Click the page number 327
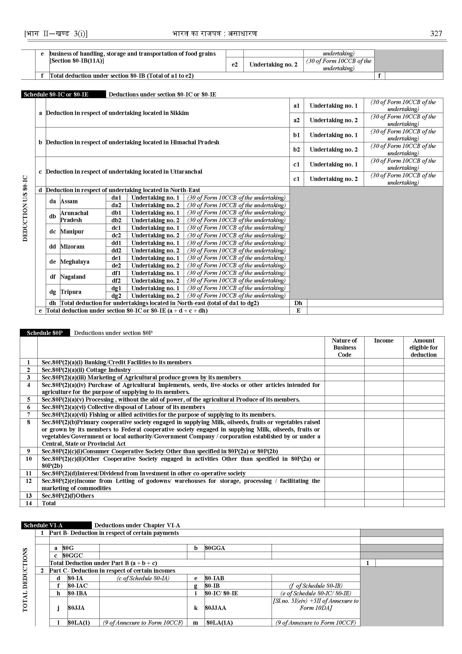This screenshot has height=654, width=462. point(436,34)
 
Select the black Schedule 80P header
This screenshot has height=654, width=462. point(45,333)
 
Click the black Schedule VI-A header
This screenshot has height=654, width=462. point(43,525)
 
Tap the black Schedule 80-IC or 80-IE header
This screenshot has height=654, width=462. point(56,95)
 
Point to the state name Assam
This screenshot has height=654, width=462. point(69,202)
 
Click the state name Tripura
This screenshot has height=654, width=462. point(71,292)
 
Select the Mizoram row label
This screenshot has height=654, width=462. point(72,247)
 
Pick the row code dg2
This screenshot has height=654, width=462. point(116,296)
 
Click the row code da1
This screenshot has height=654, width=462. point(116,198)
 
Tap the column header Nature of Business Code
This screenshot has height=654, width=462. point(344,347)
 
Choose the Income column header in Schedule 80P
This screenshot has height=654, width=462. point(384,341)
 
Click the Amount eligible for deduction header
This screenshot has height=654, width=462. point(423,347)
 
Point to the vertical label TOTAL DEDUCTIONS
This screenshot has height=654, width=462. point(25,580)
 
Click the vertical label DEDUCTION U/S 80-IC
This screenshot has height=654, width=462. point(25,209)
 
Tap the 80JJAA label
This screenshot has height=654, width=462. point(215,608)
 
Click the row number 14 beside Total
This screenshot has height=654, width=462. point(29,503)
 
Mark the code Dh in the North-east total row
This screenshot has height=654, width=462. point(298,303)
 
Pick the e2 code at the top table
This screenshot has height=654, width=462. point(235,65)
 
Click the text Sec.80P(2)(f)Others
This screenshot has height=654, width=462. point(68,495)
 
